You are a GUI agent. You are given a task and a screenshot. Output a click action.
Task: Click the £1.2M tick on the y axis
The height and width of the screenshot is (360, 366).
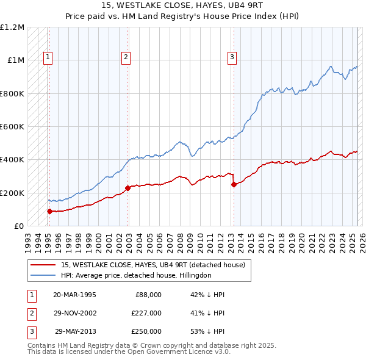click(x=13, y=27)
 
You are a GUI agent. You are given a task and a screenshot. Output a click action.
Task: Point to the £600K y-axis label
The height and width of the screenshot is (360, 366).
click(x=13, y=127)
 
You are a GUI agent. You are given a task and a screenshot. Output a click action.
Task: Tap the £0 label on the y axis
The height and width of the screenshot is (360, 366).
click(x=18, y=226)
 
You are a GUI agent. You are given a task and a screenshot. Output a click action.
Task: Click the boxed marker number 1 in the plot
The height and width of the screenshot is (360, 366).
click(x=48, y=58)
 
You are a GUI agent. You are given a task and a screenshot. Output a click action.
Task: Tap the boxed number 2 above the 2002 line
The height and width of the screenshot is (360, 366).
click(x=126, y=58)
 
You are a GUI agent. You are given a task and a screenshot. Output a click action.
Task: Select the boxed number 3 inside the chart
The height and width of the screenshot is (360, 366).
click(x=232, y=58)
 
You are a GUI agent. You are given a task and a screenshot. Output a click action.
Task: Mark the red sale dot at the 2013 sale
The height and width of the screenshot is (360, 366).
click(x=234, y=185)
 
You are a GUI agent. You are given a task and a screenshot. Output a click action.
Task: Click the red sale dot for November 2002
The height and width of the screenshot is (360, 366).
click(x=127, y=189)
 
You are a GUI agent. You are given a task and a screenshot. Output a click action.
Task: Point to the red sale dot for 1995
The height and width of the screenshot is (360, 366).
click(x=49, y=211)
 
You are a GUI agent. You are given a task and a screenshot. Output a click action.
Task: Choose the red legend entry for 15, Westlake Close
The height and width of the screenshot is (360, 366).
click(x=152, y=265)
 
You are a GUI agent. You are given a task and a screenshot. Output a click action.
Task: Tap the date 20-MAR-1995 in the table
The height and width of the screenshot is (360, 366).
click(x=74, y=295)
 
